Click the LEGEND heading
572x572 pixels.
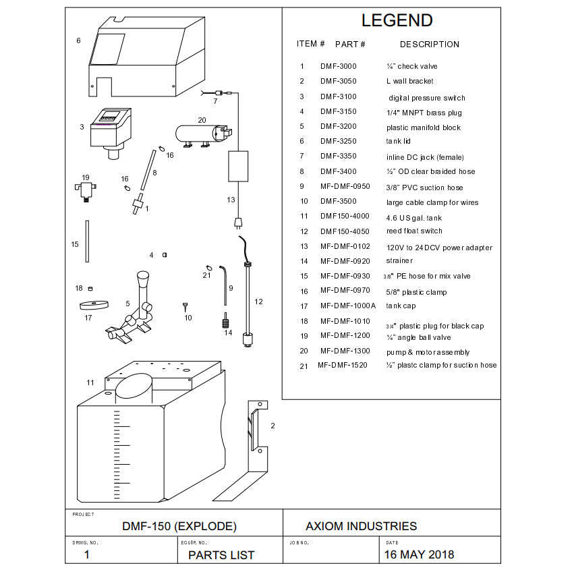click(x=397, y=20)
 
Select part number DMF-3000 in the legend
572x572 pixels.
click(x=338, y=66)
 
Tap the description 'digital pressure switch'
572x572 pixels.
click(x=426, y=98)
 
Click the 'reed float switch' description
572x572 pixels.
click(x=414, y=231)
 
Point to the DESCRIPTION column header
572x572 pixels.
click(x=429, y=45)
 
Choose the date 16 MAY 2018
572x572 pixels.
click(x=418, y=554)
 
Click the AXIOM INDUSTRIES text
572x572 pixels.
click(x=361, y=526)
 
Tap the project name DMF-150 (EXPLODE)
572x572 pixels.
click(x=179, y=526)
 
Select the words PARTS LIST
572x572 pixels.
click(x=221, y=555)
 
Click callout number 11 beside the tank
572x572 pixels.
click(x=90, y=382)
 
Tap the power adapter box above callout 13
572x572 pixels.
click(x=238, y=166)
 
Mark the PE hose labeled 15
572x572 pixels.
click(x=87, y=241)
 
